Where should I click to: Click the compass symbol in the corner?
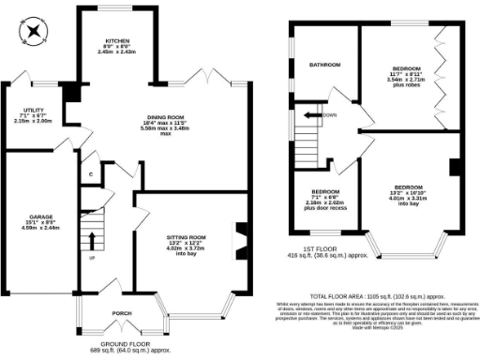[34, 32]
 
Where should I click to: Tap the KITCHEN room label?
[117, 41]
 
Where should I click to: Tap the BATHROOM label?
[325, 65]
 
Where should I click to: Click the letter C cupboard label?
[90, 174]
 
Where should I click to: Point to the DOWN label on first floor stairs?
[329, 115]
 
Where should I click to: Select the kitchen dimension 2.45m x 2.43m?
[117, 52]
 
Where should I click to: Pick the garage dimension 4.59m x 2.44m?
[27, 228]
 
